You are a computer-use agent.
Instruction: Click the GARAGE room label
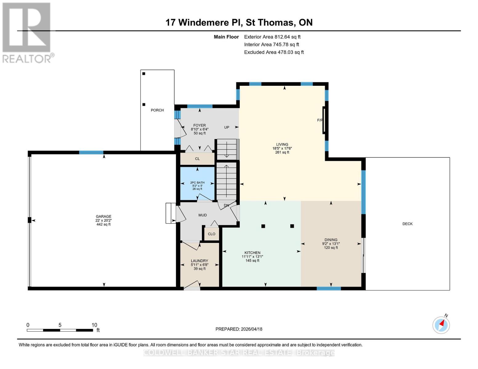[103, 216]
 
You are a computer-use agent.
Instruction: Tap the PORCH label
[157, 110]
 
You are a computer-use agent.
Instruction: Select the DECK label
[407, 224]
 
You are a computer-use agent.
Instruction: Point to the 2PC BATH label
[197, 183]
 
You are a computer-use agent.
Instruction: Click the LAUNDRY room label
[199, 261]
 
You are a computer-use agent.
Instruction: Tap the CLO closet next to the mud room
[211, 234]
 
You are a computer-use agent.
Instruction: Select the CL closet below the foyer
[197, 159]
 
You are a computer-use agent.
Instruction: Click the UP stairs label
[227, 127]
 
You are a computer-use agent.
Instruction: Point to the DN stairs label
[226, 205]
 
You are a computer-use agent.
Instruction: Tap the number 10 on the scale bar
[94, 325]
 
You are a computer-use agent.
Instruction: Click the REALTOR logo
[27, 33]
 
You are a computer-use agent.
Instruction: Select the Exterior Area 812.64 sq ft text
[272, 37]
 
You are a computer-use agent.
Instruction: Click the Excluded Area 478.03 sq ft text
[274, 52]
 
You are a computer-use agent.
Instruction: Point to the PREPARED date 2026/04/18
[239, 329]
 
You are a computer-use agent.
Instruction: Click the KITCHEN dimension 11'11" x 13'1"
[252, 257]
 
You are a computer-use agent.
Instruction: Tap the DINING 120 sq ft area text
[331, 248]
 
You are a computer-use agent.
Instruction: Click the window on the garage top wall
[91, 153]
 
